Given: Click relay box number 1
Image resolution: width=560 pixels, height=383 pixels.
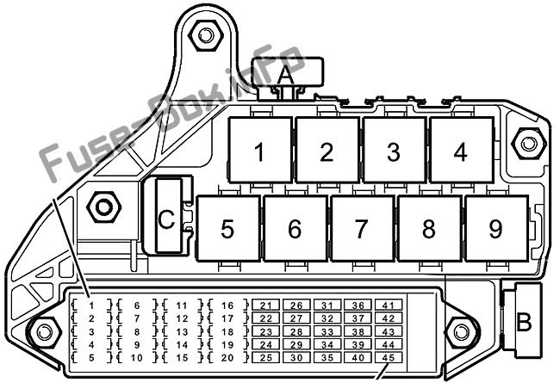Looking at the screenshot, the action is (260, 150).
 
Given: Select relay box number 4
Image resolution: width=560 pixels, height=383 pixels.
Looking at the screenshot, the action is (462, 150).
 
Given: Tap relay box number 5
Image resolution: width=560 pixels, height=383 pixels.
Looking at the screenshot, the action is (228, 228).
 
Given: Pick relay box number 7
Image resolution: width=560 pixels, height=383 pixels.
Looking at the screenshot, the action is (363, 228).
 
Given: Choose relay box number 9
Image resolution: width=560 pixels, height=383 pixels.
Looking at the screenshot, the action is (497, 228).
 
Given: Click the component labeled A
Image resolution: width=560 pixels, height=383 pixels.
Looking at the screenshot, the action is (288, 73).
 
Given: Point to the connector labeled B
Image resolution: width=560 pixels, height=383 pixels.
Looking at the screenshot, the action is (524, 320).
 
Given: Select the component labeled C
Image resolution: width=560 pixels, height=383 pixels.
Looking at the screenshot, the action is (168, 215).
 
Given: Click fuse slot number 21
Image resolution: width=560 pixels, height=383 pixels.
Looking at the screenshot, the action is (265, 306).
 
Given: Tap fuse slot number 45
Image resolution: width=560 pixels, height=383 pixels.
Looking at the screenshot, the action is (389, 357).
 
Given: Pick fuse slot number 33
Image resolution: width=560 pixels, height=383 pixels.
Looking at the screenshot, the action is (327, 331).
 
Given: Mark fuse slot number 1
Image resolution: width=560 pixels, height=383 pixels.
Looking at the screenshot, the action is (92, 306).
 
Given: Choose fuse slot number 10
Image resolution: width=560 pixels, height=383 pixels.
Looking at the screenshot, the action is (137, 357).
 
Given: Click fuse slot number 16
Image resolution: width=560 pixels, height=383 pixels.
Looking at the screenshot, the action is (227, 306).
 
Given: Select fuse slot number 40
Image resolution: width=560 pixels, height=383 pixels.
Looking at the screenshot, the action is (358, 357).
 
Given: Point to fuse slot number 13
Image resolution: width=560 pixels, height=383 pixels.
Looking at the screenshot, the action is (182, 331).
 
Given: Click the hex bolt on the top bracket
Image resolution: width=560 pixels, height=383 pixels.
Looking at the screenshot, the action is (206, 35).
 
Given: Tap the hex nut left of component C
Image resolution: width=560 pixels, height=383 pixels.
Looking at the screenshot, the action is (104, 207).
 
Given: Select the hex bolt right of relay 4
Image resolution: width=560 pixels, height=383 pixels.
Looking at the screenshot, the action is (529, 144).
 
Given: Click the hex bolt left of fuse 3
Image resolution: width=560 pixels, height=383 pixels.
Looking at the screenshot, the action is (45, 332).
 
